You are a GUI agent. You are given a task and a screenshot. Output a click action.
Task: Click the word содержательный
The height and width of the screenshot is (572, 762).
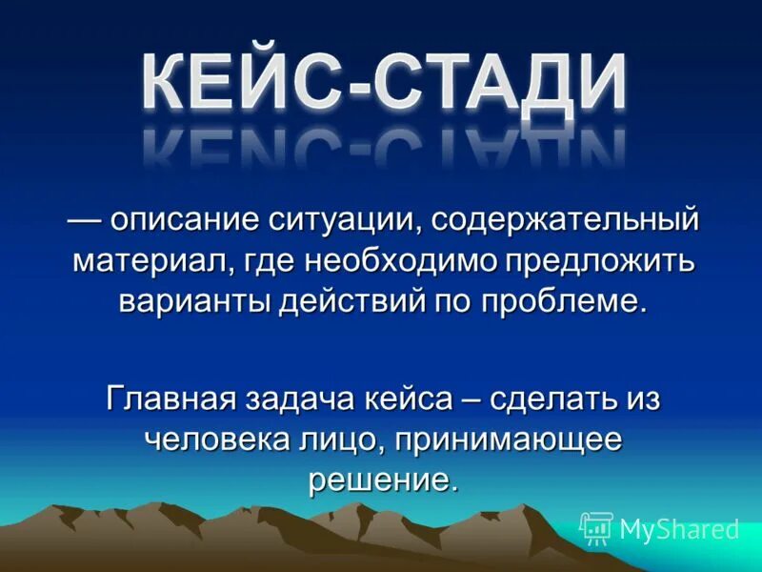pyautogui.click(x=565, y=220)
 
